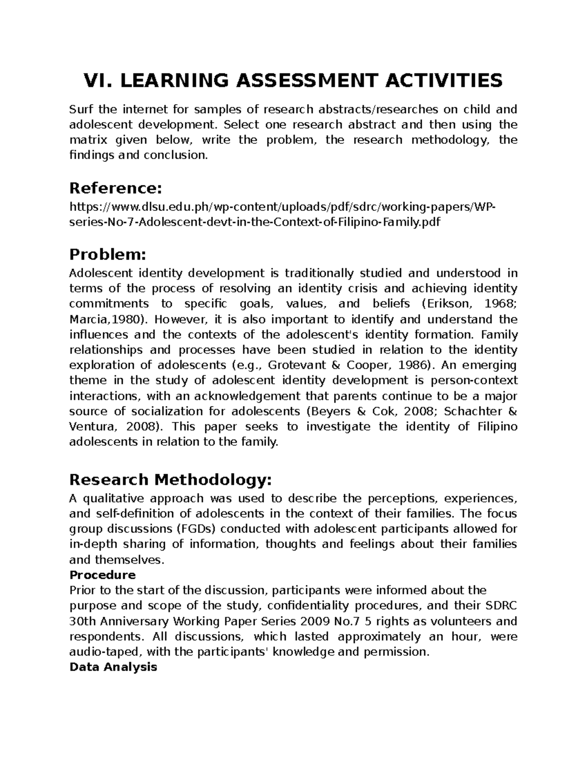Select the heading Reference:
pos(115,187)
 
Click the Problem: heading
pos(108,254)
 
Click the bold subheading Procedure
pos(103,575)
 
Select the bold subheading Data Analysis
pos(113,667)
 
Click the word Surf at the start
pos(81,109)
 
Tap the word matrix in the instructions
pos(87,140)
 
